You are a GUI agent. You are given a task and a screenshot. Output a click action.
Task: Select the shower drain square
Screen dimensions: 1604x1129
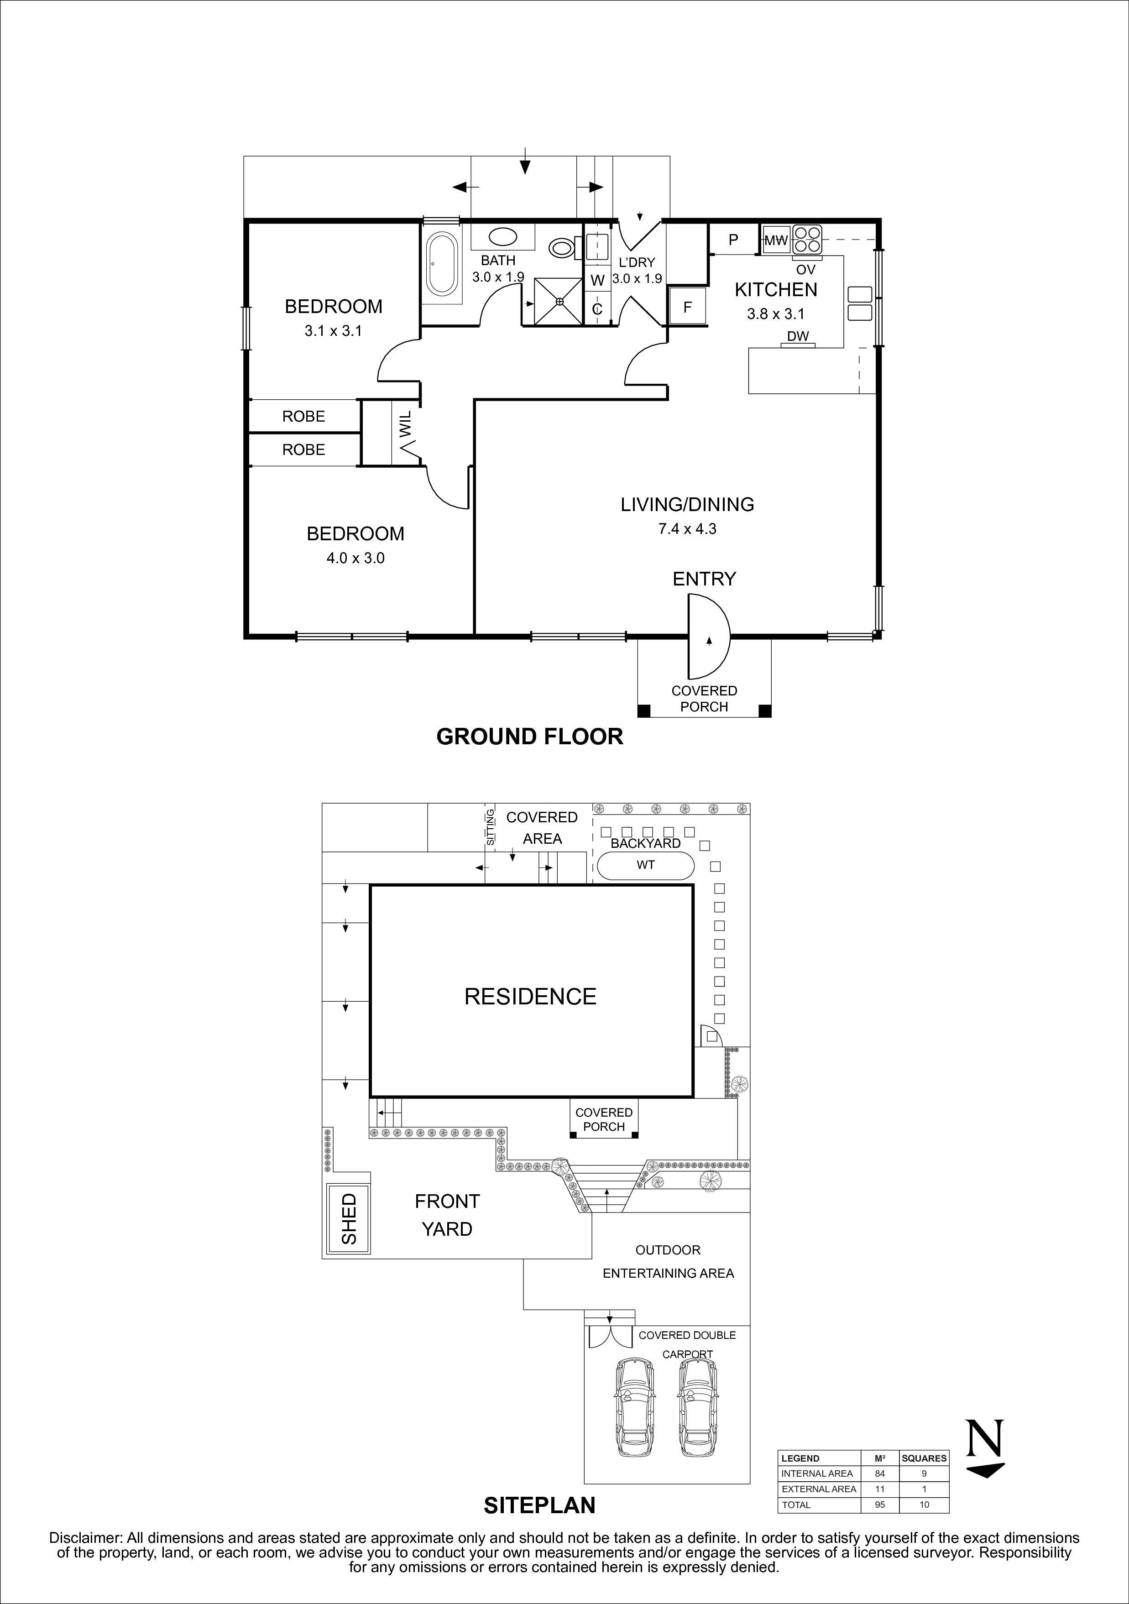559,301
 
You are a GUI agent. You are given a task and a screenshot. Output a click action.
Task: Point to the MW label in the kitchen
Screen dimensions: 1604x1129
775,240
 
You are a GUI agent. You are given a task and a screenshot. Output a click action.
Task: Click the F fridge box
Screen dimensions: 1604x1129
687,307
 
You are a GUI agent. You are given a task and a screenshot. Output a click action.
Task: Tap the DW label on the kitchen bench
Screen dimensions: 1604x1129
797,336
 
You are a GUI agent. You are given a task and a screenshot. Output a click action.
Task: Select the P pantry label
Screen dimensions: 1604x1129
733,240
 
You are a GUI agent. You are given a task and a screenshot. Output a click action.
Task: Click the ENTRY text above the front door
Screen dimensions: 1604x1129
704,579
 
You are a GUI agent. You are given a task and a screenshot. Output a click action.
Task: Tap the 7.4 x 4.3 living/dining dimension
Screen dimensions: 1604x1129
687,529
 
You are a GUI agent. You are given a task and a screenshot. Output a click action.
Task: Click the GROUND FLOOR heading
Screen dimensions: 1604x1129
529,737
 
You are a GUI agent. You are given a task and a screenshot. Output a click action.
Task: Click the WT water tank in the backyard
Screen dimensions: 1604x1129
646,865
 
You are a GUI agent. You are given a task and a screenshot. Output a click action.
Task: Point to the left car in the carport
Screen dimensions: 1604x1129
635,1407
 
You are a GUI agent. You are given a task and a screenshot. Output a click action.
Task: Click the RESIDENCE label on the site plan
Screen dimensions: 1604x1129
530,996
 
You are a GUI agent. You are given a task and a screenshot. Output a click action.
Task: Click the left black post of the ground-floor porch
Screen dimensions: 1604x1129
643,711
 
